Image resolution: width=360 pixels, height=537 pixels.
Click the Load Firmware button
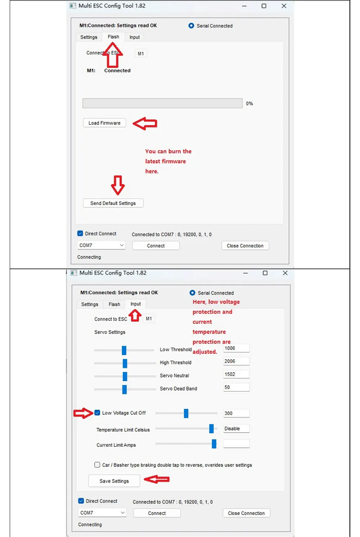coord(104,123)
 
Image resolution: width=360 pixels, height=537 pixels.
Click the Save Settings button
coord(114,481)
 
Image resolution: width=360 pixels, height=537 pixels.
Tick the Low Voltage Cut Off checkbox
coord(97,412)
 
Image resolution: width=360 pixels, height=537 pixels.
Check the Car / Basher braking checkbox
coord(97,465)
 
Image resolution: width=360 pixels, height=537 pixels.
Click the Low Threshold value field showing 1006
coord(236,348)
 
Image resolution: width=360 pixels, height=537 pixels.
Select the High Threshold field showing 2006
coord(236,361)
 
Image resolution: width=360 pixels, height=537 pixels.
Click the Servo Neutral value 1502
coord(236,374)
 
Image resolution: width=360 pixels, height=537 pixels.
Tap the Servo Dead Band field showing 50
coord(236,387)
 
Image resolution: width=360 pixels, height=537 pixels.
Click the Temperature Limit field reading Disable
coord(236,429)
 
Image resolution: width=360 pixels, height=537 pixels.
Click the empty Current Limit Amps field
coord(236,444)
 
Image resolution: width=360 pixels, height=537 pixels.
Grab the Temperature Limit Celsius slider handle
coord(211,429)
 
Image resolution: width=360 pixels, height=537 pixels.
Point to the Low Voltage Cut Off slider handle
coord(186,413)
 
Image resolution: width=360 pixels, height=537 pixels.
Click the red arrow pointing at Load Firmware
coord(145,123)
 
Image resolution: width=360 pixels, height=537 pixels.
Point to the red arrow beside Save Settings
coord(157,479)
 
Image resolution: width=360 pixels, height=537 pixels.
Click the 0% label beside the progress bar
coord(249,104)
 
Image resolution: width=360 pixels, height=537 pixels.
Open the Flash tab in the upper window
coord(113,37)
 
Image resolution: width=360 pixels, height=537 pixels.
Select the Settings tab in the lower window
coord(90,304)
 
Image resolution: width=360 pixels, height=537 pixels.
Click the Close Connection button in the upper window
coord(245,246)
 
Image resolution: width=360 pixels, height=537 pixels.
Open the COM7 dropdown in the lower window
coord(102,513)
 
